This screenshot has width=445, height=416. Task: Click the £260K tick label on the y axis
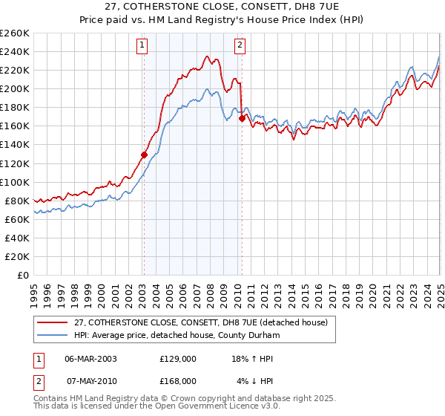15,33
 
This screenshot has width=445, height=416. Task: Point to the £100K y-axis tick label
15,182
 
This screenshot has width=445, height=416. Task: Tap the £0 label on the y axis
22,275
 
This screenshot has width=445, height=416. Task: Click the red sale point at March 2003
144,155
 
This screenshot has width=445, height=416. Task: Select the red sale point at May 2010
242,118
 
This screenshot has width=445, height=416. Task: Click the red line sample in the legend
52,322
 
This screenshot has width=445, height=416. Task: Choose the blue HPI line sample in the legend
52,334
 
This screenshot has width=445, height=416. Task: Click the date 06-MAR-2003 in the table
90,358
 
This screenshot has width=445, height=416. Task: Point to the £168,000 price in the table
178,380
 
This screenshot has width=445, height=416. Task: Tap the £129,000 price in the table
178,358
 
